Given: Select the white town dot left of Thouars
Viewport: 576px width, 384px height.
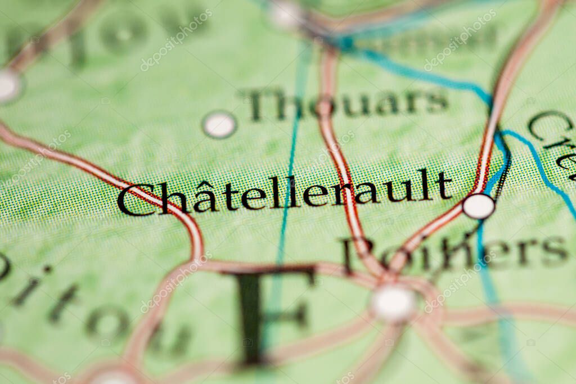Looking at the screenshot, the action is point(219,124).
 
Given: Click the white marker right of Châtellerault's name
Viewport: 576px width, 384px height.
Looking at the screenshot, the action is point(478,206).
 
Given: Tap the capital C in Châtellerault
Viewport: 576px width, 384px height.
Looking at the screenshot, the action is point(130,200).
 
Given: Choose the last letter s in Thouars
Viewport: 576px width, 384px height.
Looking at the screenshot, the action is point(437,102).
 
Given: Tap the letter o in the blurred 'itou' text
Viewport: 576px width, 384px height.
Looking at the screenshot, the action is point(105,323).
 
